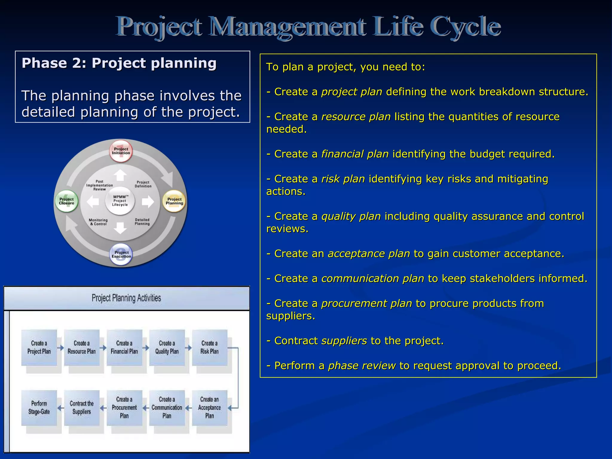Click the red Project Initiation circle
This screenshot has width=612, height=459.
click(121, 151)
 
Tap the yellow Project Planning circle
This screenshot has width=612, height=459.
click(174, 201)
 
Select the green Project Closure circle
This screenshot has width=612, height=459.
click(67, 201)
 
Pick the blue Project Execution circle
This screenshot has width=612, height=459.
click(121, 254)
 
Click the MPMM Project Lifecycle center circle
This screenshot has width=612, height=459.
click(120, 201)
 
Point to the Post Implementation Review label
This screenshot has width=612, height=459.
click(100, 185)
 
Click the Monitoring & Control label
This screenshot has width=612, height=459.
click(98, 222)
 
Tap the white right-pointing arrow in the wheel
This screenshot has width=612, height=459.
click(148, 202)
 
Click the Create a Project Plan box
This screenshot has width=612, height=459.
click(39, 348)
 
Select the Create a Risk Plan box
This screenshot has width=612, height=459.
click(209, 348)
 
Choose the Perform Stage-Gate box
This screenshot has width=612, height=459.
click(39, 408)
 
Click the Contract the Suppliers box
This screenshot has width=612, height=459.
click(82, 408)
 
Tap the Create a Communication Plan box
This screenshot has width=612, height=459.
click(167, 408)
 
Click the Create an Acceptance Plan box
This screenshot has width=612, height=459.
click(209, 408)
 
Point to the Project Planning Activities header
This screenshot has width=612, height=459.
click(126, 298)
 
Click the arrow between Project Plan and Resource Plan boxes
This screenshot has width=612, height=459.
click(61, 348)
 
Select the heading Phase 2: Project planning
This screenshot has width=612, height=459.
click(119, 63)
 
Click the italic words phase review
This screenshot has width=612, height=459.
click(362, 365)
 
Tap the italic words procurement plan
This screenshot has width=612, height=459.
click(367, 303)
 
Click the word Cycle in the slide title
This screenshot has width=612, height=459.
click(465, 27)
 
